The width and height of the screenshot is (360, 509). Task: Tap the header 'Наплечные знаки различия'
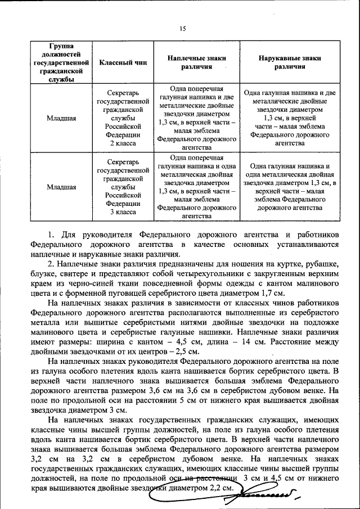[196, 62]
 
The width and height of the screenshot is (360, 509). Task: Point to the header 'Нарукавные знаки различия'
[290, 62]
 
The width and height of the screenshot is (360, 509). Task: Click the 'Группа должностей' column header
[62, 62]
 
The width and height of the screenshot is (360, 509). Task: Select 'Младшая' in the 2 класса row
[62, 119]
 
